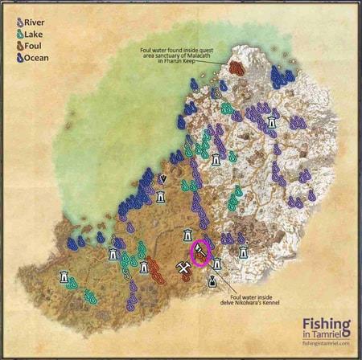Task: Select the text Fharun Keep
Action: click(191, 62)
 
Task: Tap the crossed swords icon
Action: click(183, 271)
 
